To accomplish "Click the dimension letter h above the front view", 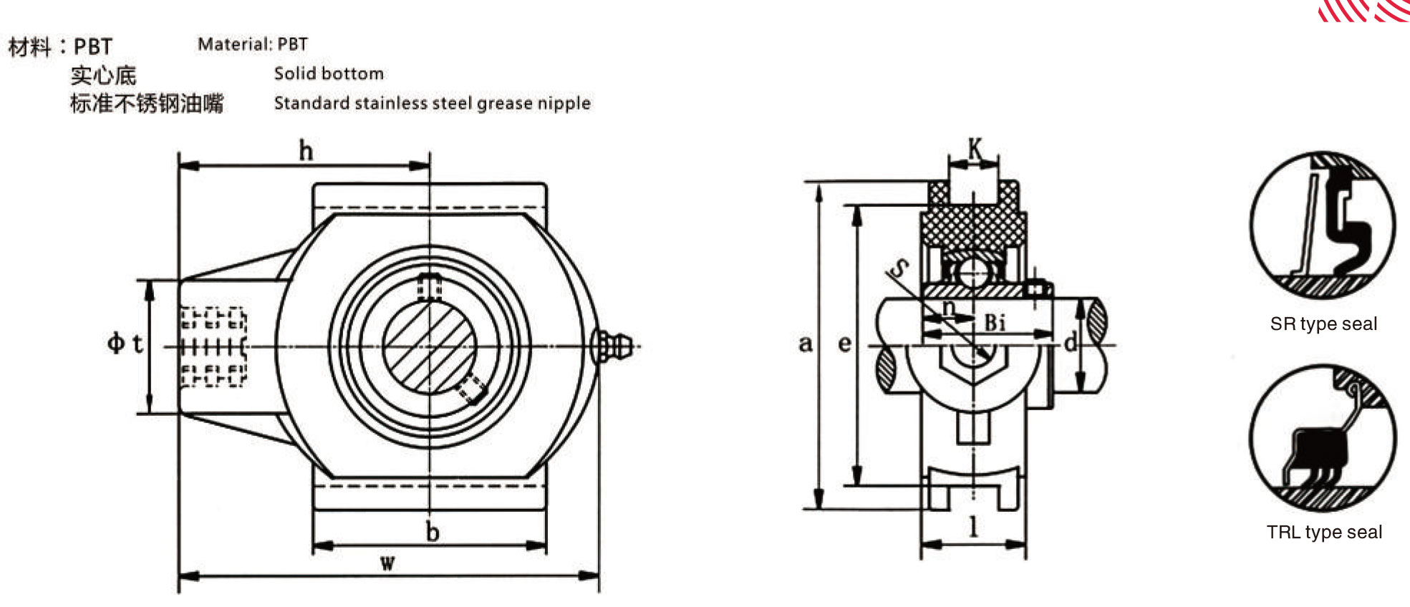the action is (x=306, y=151).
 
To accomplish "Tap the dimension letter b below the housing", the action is (x=433, y=532).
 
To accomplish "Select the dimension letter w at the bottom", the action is (x=387, y=563).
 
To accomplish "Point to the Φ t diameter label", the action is (x=125, y=343).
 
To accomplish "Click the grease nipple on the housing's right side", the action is (x=612, y=346).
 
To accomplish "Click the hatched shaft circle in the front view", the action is (x=429, y=346).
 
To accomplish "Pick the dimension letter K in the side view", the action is (x=975, y=149).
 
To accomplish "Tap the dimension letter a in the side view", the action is (x=806, y=344).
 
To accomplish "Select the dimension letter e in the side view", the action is (x=845, y=344).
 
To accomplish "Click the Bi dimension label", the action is (x=995, y=322).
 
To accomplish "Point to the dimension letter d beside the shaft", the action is (x=1070, y=342).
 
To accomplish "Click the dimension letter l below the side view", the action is (x=973, y=527).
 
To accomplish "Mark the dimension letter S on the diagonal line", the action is (x=898, y=268).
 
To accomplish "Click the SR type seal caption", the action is (x=1323, y=324).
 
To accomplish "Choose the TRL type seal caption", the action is (x=1324, y=532).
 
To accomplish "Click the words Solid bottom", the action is (x=329, y=74).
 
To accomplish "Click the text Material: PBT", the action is (x=253, y=44).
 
